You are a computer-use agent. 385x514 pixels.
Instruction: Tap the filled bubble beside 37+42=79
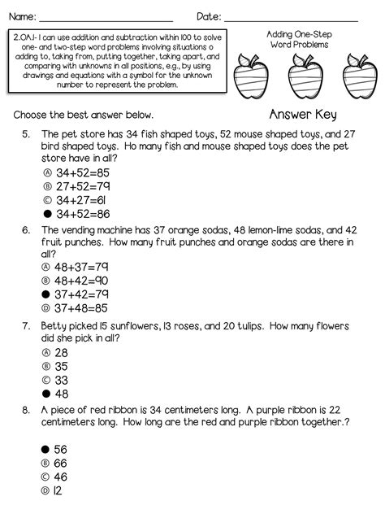tap(46, 294)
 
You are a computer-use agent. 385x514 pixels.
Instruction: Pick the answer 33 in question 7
tap(61, 380)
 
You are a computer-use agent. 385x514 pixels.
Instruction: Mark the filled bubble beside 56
tap(46, 449)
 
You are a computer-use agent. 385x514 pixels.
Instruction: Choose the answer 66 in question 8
tap(61, 462)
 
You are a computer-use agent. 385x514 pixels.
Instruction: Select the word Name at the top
tap(19, 16)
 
